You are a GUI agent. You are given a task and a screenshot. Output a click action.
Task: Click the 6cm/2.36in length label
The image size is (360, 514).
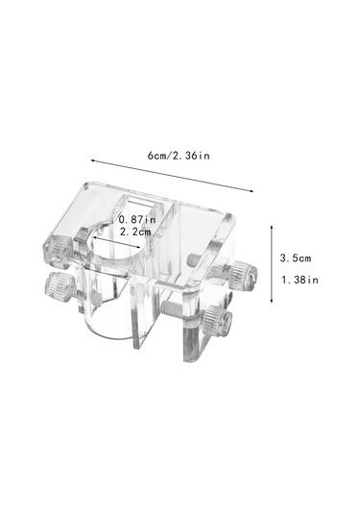click(179, 156)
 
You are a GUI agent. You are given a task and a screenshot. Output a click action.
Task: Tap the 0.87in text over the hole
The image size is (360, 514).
click(137, 219)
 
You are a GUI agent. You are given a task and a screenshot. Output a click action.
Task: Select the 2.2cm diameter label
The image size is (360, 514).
click(135, 232)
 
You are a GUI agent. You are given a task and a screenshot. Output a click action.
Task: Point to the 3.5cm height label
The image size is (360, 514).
click(296, 258)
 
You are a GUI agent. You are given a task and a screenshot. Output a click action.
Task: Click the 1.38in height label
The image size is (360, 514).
click(300, 280)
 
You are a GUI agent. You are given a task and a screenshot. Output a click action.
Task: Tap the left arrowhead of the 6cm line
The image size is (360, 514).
click(93, 160)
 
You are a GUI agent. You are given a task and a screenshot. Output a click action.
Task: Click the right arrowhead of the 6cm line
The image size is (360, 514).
click(252, 191)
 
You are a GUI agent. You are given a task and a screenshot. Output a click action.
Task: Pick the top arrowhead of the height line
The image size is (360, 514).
click(272, 227)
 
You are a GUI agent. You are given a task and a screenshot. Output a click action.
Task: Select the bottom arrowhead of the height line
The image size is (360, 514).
click(272, 301)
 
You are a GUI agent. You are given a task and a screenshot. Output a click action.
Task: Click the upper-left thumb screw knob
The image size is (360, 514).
click(58, 251)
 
